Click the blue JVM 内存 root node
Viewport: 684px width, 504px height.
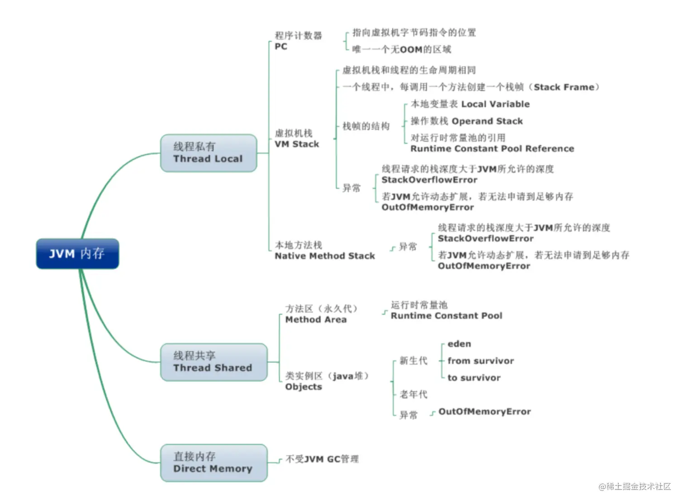(77, 254)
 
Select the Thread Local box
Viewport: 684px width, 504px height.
(209, 153)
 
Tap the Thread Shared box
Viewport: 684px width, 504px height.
(214, 362)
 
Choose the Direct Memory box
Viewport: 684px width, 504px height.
(214, 463)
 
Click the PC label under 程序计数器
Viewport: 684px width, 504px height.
(281, 47)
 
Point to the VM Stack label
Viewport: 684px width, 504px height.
(297, 144)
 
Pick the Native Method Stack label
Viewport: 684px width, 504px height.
(325, 256)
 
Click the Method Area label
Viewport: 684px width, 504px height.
(316, 320)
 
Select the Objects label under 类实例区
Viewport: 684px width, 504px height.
(304, 387)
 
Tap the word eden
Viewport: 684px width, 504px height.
(459, 344)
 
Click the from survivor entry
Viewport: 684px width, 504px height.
(480, 361)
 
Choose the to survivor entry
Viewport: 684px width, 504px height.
(474, 378)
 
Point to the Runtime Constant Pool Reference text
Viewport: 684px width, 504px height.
(492, 149)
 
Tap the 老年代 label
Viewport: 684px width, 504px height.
(413, 395)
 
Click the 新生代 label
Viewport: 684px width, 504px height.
(413, 361)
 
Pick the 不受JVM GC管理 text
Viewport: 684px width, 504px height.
(322, 459)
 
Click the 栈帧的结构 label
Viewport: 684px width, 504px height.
(366, 126)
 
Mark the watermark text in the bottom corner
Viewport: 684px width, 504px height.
(635, 486)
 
